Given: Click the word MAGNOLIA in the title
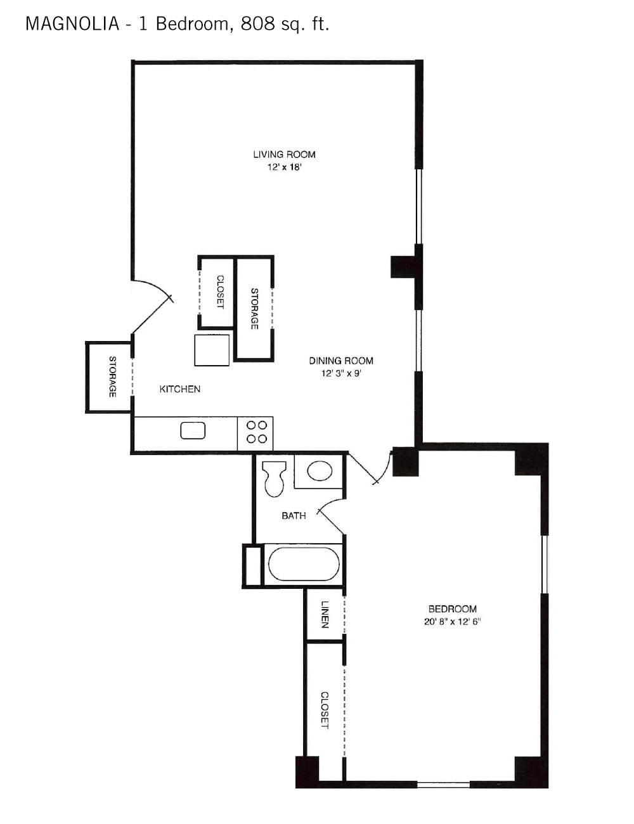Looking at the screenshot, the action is coord(72,24).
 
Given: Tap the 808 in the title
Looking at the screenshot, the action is coord(257,24).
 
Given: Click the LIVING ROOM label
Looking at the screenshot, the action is coord(284,154).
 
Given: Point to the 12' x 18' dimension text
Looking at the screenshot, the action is coord(284,167).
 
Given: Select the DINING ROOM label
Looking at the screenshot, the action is coord(341,361).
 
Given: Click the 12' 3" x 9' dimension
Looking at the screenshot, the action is coord(341,373).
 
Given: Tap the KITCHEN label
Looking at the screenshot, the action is coord(179,389).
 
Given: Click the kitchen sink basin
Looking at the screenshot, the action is coord(193,431).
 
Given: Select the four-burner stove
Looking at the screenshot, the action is coord(256,433).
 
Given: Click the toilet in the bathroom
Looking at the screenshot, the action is coord(275,479).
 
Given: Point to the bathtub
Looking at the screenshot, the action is coord(304,563).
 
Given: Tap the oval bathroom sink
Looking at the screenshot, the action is coord(320,471).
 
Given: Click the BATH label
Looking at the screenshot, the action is coord(294,516).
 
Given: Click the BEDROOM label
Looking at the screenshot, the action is coord(453,609).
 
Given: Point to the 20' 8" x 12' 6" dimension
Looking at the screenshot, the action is coord(453,622).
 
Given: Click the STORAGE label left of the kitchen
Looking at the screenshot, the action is coord(112,377).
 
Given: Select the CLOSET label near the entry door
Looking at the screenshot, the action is coord(220,292).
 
